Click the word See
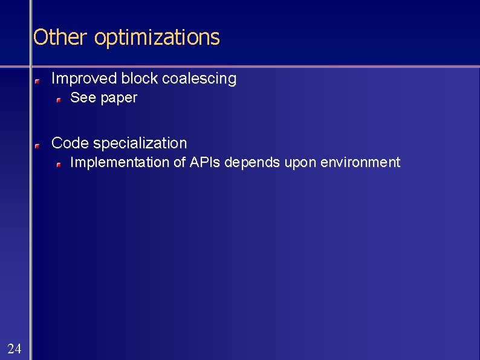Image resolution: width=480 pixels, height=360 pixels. click(x=83, y=98)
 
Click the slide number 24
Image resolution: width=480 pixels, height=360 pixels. click(x=15, y=348)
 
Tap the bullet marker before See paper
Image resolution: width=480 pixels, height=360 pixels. click(x=59, y=99)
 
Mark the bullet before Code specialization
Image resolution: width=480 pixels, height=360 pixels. click(x=37, y=145)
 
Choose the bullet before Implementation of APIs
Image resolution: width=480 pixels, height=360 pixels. click(x=59, y=164)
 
